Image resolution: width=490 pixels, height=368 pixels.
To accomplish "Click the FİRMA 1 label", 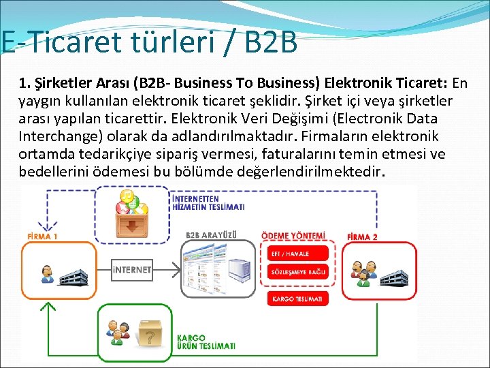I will tap(42, 236).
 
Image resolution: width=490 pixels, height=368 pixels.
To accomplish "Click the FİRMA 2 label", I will tap(362, 236).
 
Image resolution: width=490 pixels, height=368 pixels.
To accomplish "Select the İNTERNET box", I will tap(131, 270).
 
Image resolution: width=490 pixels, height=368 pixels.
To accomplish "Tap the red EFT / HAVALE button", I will tap(298, 254).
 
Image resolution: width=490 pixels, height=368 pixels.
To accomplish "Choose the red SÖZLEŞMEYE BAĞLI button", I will tap(298, 272).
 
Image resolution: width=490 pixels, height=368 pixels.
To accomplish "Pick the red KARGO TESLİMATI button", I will tap(298, 298).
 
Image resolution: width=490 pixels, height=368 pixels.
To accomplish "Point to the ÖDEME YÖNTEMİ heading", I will tap(293, 236).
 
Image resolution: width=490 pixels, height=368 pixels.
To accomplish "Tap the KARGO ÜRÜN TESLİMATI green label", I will tap(206, 341).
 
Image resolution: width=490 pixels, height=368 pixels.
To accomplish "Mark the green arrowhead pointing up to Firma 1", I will tap(48, 306).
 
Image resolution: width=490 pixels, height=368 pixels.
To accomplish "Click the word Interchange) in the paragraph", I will tap(57, 136).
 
